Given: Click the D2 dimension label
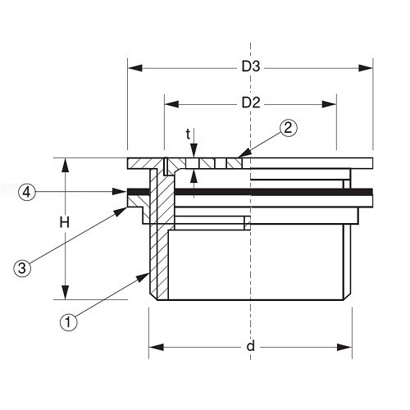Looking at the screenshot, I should [251, 103].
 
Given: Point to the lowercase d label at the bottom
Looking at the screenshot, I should [251, 347].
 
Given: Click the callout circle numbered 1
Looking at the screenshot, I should [69, 322].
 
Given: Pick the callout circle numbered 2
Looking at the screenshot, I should [288, 127].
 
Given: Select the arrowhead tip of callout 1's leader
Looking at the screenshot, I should [149, 274].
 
